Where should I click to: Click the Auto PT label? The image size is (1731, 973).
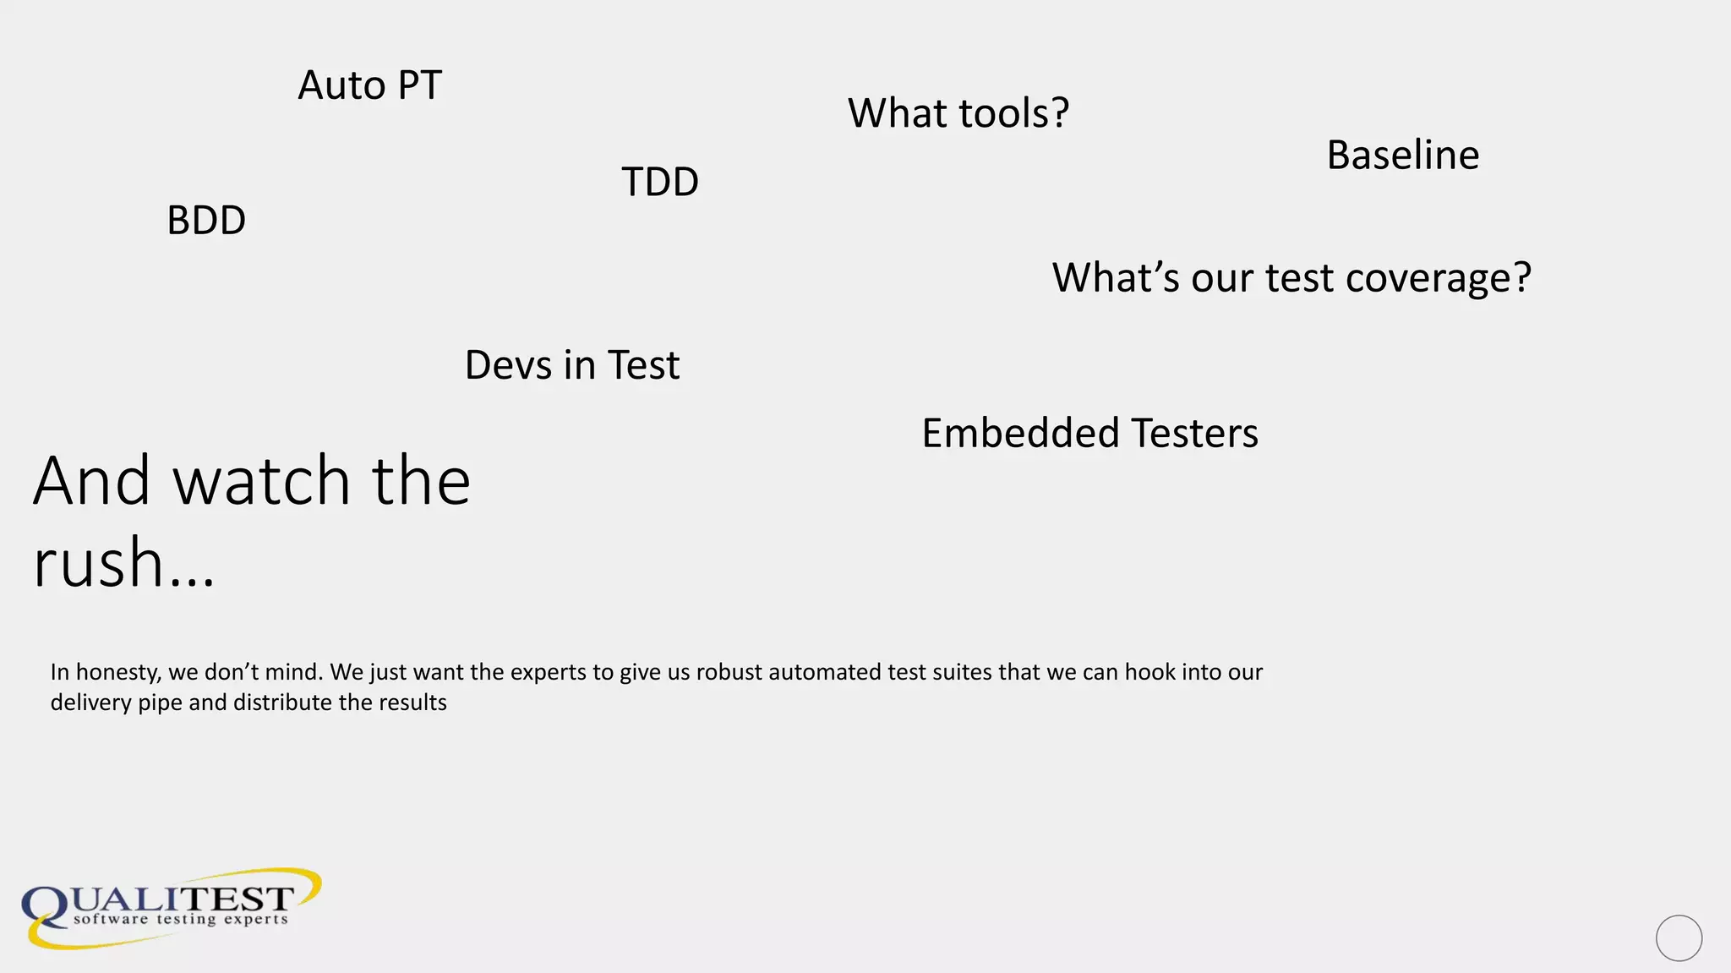pyautogui.click(x=369, y=85)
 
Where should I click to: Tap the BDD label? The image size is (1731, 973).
pyautogui.click(x=206, y=221)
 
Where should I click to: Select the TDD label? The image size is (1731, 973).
pyautogui.click(x=660, y=182)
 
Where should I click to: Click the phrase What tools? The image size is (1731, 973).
pyautogui.click(x=958, y=113)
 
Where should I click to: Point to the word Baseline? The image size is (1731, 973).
pyautogui.click(x=1403, y=155)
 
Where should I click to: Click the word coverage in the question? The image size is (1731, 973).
pyautogui.click(x=1438, y=278)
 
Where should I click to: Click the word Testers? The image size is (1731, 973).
pyautogui.click(x=1195, y=433)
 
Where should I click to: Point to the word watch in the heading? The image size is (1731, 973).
pyautogui.click(x=262, y=480)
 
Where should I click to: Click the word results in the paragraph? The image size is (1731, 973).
pyautogui.click(x=413, y=702)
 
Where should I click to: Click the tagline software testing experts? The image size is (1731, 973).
pyautogui.click(x=181, y=919)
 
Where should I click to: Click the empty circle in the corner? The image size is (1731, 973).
pyautogui.click(x=1679, y=937)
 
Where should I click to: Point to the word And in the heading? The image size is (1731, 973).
pyautogui.click(x=91, y=480)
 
